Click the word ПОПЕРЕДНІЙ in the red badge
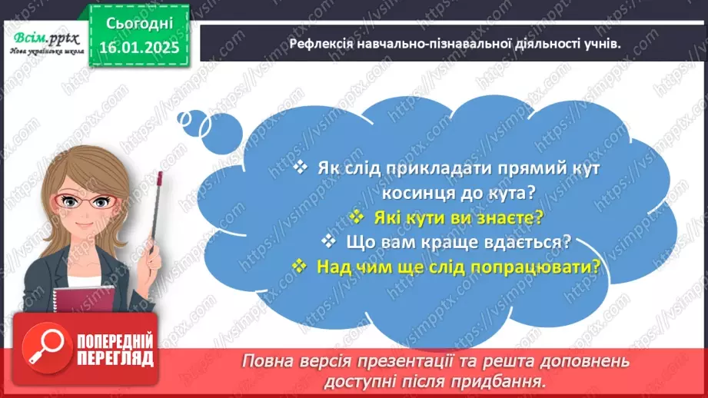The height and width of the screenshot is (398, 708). coord(114,340)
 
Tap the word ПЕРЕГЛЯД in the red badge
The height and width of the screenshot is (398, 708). coord(114,358)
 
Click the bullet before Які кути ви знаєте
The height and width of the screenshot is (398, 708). coord(356,217)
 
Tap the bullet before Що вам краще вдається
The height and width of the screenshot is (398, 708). coord(329,242)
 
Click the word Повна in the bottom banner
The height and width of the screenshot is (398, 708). coord(270,360)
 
